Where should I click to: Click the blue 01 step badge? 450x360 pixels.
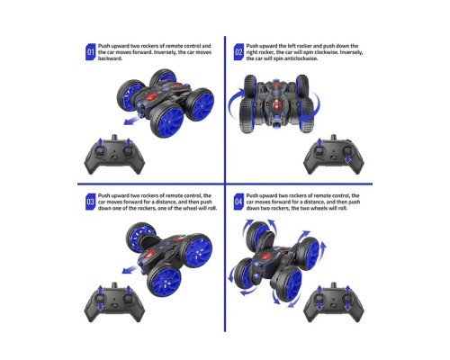(90, 52)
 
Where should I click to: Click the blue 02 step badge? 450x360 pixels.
(238, 52)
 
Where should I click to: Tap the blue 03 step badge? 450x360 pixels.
(90, 202)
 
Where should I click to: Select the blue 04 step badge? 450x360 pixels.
(238, 202)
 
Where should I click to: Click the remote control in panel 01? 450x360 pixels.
(114, 155)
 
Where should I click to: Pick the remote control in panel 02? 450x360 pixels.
(334, 155)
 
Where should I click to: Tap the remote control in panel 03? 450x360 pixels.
(114, 302)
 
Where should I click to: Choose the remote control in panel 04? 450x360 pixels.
(334, 302)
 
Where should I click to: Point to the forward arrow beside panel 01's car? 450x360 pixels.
(131, 121)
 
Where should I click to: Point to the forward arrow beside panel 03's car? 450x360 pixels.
(130, 269)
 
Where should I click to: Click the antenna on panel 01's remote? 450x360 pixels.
(114, 138)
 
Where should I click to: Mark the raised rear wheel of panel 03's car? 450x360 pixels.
(140, 237)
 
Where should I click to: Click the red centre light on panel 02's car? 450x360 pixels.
(276, 104)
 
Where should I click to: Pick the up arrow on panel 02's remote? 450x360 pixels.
(319, 143)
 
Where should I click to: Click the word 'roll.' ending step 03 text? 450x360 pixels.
(211, 208)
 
